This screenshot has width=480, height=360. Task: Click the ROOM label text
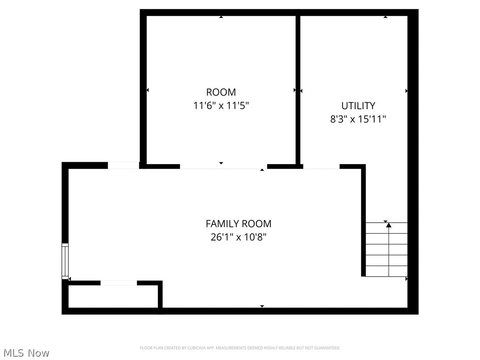coord(221,92)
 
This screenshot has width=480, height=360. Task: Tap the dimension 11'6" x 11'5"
coord(221,105)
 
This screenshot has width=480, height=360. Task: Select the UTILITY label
coord(358,105)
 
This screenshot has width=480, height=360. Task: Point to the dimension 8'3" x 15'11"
coord(358,119)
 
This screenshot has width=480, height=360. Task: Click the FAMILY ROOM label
coord(238,224)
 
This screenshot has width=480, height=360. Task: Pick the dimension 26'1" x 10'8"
coord(238,237)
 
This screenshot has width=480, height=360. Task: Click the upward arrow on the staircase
coord(389,226)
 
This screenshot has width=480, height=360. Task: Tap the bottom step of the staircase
coord(386,271)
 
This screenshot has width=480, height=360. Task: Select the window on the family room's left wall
coord(65,261)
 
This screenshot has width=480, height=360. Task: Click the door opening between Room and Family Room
coord(223,166)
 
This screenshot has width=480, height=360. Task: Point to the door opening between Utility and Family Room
coord(321,166)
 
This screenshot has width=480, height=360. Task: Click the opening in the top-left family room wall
coord(123,165)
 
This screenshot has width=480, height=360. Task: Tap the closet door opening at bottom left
coord(119,283)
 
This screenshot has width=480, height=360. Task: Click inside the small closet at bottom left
coord(112,296)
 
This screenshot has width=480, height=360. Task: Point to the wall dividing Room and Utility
coord(298,89)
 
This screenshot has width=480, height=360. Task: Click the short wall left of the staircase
coord(363,220)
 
